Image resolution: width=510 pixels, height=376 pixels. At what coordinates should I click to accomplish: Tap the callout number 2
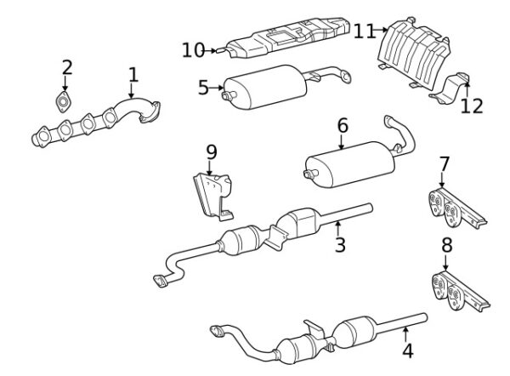click(66, 68)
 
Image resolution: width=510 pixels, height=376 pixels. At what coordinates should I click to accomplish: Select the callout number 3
click(340, 246)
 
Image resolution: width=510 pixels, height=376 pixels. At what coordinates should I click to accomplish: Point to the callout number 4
click(407, 349)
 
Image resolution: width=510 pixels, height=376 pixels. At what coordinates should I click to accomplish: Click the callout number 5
click(204, 86)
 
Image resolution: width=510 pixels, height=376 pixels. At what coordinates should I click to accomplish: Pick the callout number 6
click(343, 126)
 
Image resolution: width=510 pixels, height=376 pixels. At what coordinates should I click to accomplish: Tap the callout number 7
click(443, 164)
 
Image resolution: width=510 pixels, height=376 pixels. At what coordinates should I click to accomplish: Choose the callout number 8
click(446, 247)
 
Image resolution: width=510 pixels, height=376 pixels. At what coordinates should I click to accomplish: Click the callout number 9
click(212, 152)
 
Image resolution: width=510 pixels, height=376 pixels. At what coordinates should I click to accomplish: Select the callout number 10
click(193, 51)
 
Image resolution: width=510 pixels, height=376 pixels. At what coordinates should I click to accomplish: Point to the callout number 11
click(365, 31)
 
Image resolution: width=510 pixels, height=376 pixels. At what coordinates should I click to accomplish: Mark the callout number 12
click(472, 106)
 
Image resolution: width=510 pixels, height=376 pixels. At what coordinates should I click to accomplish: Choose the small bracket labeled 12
click(451, 88)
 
